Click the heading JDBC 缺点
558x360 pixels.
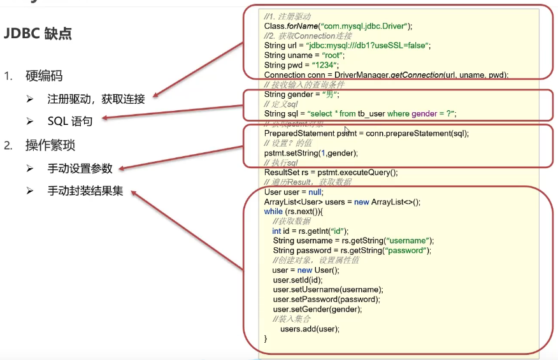tap(38, 34)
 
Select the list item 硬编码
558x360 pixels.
tap(44, 76)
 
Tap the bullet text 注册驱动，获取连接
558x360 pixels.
tap(96, 99)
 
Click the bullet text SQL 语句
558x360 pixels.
tap(70, 121)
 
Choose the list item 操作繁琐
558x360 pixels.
tap(50, 145)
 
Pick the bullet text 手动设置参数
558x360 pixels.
tap(80, 168)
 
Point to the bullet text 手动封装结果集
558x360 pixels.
tap(85, 191)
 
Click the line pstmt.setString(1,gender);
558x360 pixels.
tap(311, 153)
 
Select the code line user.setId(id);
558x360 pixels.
tap(297, 280)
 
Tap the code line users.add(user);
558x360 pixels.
tap(310, 329)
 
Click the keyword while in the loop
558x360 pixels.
tap(273, 212)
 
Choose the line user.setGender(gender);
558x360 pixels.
tap(317, 309)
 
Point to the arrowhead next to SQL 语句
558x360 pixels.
tap(107, 118)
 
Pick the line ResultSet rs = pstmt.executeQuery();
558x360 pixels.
tap(331, 172)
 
